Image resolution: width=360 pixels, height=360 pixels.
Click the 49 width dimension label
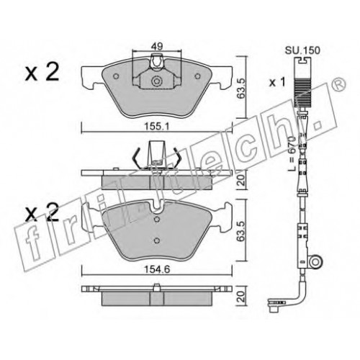pyautogui.click(x=157, y=46)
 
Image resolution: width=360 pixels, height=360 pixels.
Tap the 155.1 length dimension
pyautogui.click(x=158, y=126)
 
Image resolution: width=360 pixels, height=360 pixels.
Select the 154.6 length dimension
pyautogui.click(x=157, y=269)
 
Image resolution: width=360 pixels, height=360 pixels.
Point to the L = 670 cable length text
pyautogui.click(x=291, y=153)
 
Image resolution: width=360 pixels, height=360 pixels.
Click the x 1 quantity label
pyautogui.click(x=277, y=82)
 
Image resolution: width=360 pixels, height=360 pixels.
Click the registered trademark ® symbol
pyautogui.click(x=340, y=85)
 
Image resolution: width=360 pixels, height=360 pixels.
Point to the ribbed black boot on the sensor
pyautogui.click(x=301, y=92)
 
